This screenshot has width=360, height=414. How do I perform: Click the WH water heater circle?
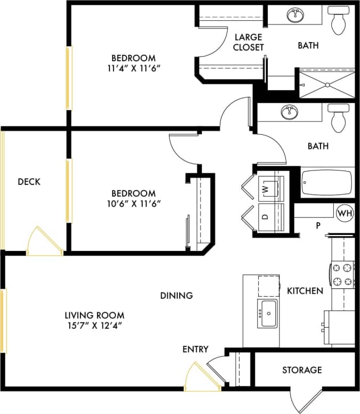[345, 213]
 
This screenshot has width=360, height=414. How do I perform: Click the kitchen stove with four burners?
[343, 274]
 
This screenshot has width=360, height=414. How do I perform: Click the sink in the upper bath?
[295, 15]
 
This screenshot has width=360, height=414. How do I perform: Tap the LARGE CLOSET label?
[249, 42]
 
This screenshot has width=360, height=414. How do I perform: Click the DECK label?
[29, 182]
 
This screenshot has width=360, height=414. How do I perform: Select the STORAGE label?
[302, 370]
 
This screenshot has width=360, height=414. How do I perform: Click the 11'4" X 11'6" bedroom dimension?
[133, 68]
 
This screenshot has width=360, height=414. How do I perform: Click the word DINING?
[176, 295]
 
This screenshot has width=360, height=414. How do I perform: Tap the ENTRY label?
[195, 349]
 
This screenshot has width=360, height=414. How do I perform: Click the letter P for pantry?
[318, 225]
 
